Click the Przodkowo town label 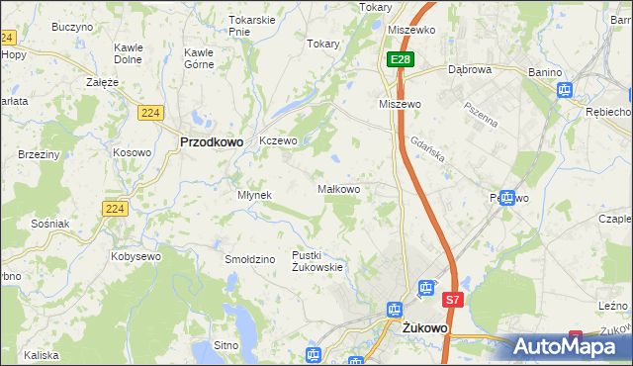coord(212,141)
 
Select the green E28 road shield coord(400,60)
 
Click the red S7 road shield coord(452,299)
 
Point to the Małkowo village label coord(344,189)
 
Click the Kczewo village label coord(278,140)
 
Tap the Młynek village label coord(254,195)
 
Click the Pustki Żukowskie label coord(317,261)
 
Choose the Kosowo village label coord(132,152)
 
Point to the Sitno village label coord(226,345)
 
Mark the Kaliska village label coord(42,354)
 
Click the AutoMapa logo coord(573,346)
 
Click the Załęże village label coord(103,82)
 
